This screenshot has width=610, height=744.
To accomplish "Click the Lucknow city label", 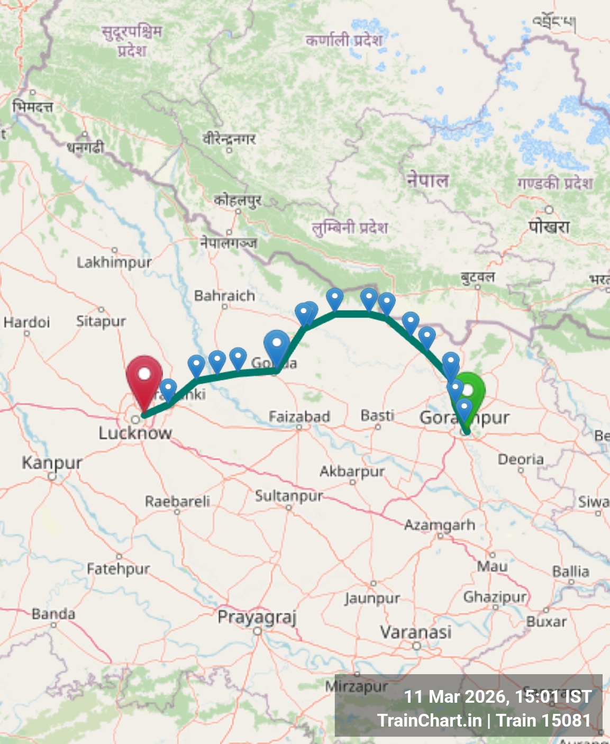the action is pyautogui.click(x=135, y=433).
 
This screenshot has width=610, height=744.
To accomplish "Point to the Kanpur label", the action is pyautogui.click(x=52, y=462).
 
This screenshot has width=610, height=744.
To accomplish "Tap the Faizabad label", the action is pyautogui.click(x=299, y=417).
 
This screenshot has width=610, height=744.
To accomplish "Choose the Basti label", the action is pyautogui.click(x=377, y=415).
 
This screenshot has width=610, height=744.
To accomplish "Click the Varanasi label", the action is pyautogui.click(x=416, y=632).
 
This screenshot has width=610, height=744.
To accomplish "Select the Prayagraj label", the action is pyautogui.click(x=257, y=617).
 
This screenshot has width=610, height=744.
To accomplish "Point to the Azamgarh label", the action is pyautogui.click(x=440, y=525).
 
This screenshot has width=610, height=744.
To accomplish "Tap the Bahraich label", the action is pyautogui.click(x=224, y=296).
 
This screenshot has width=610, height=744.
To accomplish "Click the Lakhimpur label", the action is pyautogui.click(x=114, y=262).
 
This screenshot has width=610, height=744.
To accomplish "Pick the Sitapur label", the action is pyautogui.click(x=101, y=321).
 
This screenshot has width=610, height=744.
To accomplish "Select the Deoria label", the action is pyautogui.click(x=521, y=459).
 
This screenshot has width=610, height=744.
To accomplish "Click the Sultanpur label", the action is pyautogui.click(x=289, y=496).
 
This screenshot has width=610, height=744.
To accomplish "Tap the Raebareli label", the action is pyautogui.click(x=177, y=501).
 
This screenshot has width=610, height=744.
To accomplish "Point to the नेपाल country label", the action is pyautogui.click(x=427, y=180).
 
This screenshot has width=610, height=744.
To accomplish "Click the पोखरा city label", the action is pyautogui.click(x=549, y=226).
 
